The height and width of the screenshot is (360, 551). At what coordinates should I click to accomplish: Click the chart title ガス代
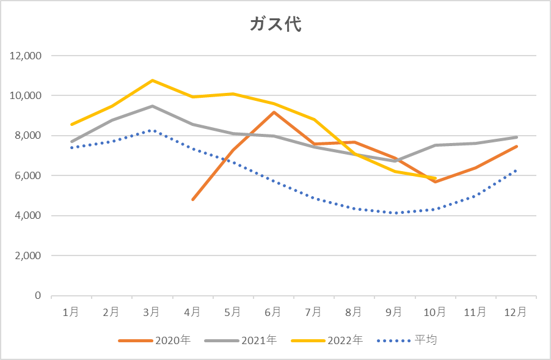click(x=275, y=24)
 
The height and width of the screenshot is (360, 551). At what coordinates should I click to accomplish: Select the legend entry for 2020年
click(x=155, y=340)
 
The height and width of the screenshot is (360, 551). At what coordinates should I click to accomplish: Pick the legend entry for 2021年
click(x=241, y=340)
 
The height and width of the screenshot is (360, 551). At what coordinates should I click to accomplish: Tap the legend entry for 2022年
click(x=327, y=340)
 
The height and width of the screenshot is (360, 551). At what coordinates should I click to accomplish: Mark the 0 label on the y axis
click(x=38, y=295)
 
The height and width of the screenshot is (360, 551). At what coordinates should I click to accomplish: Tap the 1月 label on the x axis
click(x=71, y=312)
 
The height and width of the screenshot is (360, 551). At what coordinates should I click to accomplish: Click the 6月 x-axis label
click(x=273, y=312)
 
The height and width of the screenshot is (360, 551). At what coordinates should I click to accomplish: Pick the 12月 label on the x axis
click(x=516, y=312)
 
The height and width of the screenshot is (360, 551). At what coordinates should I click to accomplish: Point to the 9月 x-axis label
click(x=394, y=312)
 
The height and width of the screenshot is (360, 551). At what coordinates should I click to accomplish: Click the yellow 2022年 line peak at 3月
click(x=152, y=80)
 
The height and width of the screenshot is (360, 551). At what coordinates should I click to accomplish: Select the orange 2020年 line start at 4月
click(x=192, y=200)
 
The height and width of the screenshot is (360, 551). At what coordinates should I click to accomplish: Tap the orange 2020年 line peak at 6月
click(x=273, y=112)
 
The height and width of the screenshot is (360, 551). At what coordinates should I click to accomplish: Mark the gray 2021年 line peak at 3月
click(x=152, y=106)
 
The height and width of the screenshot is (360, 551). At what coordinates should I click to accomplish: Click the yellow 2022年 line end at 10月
click(x=435, y=178)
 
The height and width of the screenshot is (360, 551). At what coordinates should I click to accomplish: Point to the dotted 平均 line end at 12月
click(x=516, y=171)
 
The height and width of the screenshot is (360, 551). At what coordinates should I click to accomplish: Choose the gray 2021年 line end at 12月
click(x=516, y=137)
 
